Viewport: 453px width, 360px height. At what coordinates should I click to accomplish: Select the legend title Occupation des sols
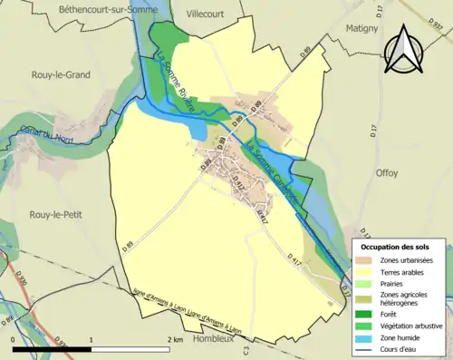(397, 246)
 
